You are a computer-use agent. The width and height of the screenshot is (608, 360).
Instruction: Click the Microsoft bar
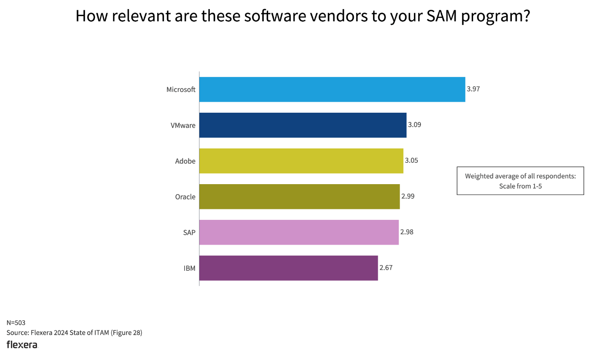pyautogui.click(x=332, y=89)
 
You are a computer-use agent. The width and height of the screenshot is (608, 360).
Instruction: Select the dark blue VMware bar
pyautogui.click(x=303, y=125)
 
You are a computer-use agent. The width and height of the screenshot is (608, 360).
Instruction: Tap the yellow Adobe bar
pyautogui.click(x=301, y=161)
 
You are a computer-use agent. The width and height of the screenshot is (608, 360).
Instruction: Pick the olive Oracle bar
pyautogui.click(x=299, y=196)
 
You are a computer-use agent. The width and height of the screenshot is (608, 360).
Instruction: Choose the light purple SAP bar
pyautogui.click(x=299, y=232)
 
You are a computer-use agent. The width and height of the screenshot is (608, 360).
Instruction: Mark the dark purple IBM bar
pyautogui.click(x=289, y=268)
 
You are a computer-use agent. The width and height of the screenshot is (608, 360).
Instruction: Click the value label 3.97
pyautogui.click(x=473, y=89)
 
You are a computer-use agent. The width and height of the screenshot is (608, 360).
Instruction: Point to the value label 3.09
pyautogui.click(x=414, y=125)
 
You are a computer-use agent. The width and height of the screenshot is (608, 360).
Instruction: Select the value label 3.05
pyautogui.click(x=411, y=161)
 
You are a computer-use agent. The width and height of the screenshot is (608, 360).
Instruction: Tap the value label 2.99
pyautogui.click(x=408, y=196)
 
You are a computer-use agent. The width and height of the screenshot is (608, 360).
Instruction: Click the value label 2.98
pyautogui.click(x=406, y=232)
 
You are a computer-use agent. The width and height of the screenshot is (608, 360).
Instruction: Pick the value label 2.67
pyautogui.click(x=386, y=268)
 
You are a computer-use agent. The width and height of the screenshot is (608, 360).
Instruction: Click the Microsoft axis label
pyautogui.click(x=181, y=90)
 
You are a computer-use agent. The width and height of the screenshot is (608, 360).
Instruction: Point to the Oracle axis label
pyautogui.click(x=185, y=197)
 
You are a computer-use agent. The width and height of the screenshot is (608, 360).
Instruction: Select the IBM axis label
pyautogui.click(x=189, y=268)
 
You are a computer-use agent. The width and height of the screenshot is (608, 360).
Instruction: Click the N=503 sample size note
pyautogui.click(x=16, y=323)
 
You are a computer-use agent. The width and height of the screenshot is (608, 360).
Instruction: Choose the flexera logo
pyautogui.click(x=22, y=345)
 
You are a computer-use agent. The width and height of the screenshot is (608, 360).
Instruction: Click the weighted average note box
pyautogui.click(x=520, y=181)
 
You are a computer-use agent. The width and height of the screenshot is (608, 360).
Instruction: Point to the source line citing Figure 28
pyautogui.click(x=74, y=333)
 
